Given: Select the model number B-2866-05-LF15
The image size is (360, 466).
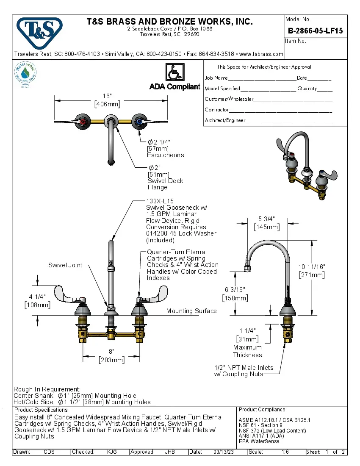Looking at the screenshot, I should (x=316, y=31).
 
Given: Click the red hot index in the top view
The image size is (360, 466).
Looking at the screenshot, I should (x=82, y=122).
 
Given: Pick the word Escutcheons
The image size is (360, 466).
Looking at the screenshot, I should (x=166, y=155).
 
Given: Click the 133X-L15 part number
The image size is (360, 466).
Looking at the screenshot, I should (x=160, y=201).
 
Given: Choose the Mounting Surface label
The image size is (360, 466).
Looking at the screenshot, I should (x=191, y=311).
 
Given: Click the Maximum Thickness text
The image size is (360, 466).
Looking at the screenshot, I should (x=247, y=351).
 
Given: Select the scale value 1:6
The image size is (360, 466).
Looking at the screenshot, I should (x=285, y=452).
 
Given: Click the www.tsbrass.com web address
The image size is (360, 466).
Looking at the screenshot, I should (x=261, y=54).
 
